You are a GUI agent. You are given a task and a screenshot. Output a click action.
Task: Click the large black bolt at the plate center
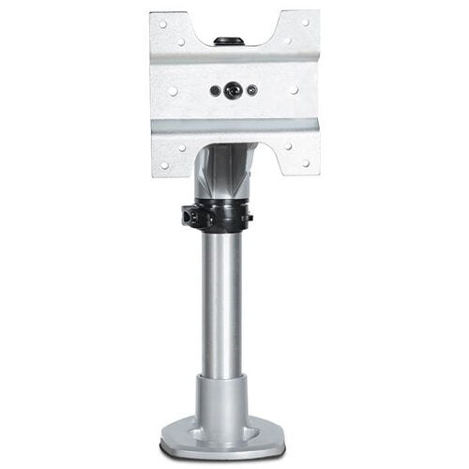pos(234,91)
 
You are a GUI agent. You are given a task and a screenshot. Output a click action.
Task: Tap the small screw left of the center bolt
pos(216,91)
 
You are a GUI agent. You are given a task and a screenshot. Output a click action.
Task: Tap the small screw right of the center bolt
pos(251,91)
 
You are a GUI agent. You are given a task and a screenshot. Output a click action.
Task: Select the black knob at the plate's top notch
pos(225,40)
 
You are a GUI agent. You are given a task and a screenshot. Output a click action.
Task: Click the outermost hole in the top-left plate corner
pos(161,23)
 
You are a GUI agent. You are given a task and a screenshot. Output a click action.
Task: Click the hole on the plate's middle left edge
pos(174,91)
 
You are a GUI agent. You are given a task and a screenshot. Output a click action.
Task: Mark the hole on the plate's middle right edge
pos(295,91)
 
